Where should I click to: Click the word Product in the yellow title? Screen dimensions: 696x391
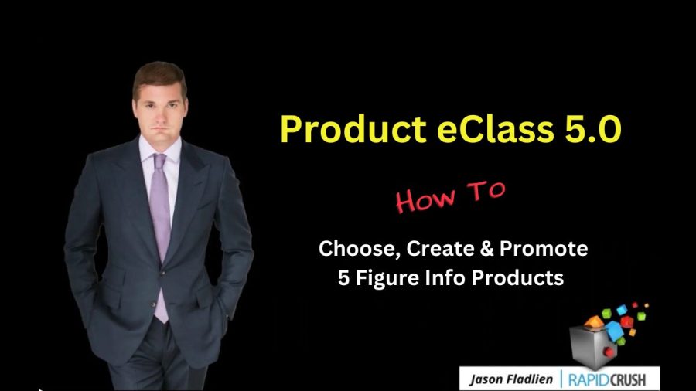(x=353, y=129)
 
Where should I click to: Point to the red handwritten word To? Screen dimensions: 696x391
(x=486, y=191)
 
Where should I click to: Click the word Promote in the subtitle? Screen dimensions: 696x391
(x=544, y=248)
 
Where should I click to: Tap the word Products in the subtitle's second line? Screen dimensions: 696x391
(x=517, y=278)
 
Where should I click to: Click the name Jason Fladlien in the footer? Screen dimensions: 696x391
(x=511, y=380)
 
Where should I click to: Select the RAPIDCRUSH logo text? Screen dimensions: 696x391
(x=607, y=380)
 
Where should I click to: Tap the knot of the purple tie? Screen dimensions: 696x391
(x=159, y=160)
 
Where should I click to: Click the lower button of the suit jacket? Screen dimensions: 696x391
(x=154, y=304)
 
